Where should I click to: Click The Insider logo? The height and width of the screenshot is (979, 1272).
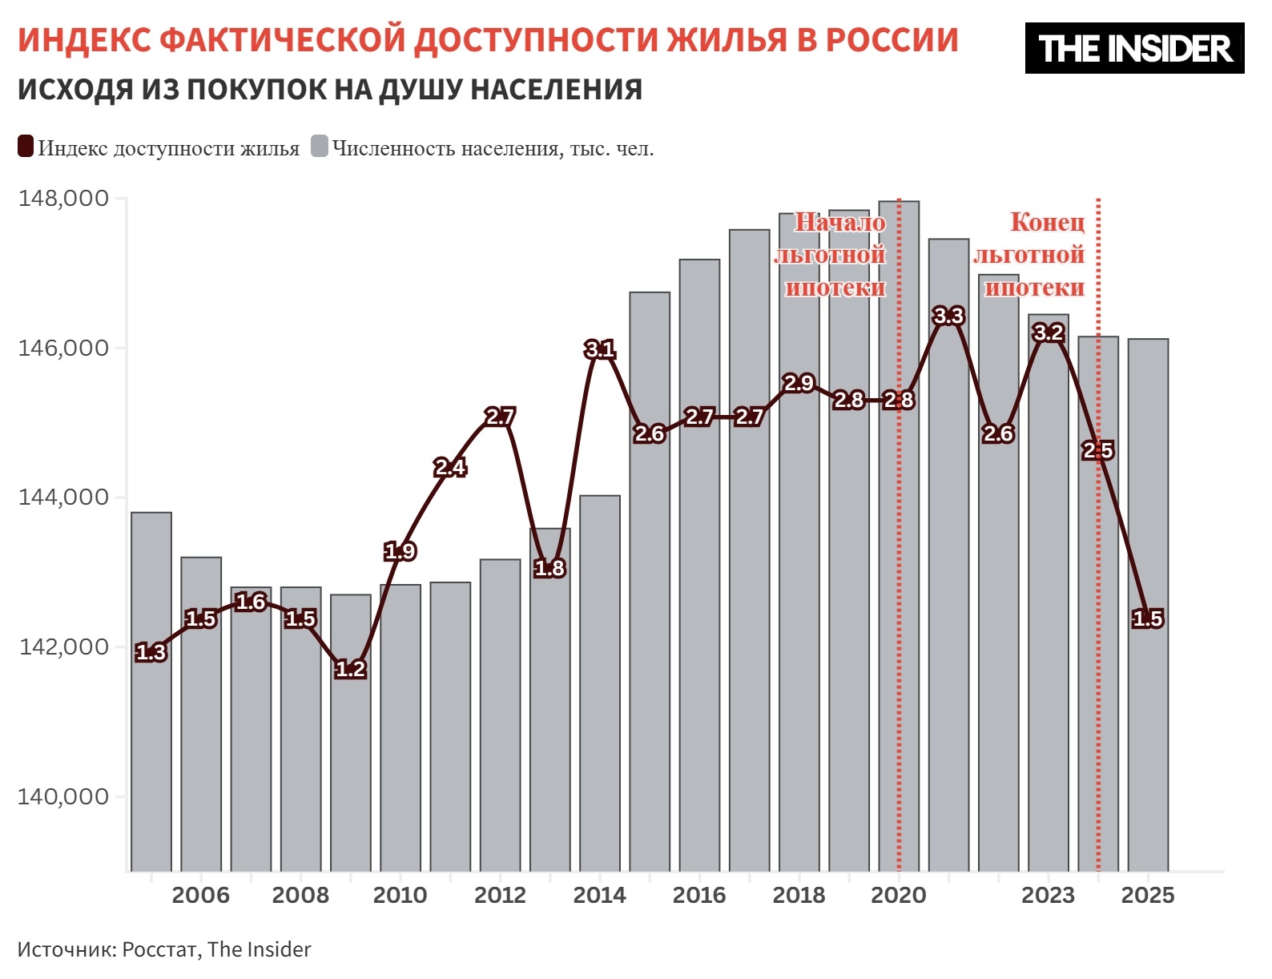point(1134,48)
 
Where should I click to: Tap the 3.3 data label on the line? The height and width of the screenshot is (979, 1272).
point(948,316)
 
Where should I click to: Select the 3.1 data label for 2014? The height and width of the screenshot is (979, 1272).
point(599,349)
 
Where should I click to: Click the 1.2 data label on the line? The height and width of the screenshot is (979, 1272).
point(350,669)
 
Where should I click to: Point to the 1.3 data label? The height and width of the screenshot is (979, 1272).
point(151,653)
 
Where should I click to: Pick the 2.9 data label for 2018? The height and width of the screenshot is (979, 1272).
point(799,384)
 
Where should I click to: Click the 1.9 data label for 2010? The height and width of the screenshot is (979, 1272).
point(400,551)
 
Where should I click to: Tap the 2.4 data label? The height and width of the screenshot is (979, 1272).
point(449,467)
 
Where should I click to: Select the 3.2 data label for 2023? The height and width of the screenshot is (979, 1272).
point(1048,332)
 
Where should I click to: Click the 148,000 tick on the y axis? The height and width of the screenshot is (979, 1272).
point(63,198)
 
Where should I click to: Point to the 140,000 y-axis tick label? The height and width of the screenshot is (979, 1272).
point(63,796)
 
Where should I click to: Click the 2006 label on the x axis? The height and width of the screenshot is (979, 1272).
point(200,895)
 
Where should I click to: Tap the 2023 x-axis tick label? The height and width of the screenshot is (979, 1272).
point(1048,895)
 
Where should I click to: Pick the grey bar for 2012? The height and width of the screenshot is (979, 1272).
point(500,721)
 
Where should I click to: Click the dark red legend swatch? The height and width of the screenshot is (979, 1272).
point(26,147)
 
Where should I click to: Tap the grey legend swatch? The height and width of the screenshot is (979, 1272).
point(320,147)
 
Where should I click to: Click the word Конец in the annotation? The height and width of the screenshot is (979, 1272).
point(1047,222)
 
